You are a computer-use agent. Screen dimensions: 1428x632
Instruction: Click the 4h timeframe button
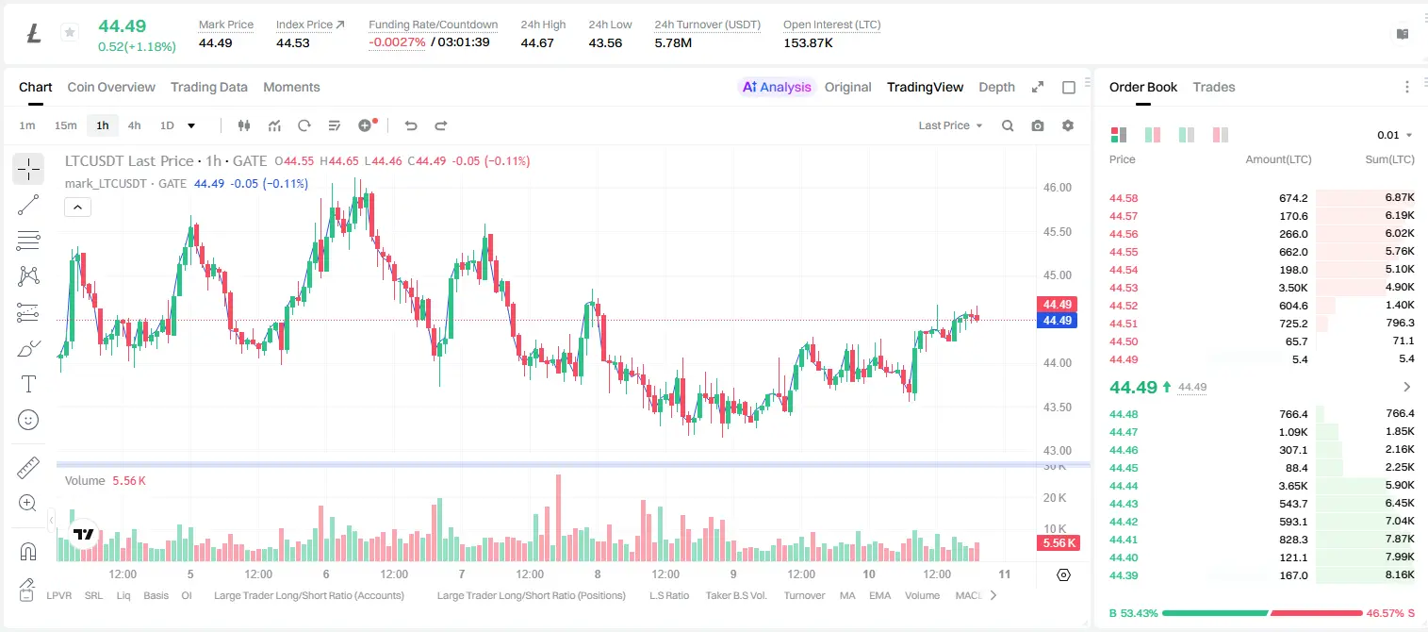[134, 125]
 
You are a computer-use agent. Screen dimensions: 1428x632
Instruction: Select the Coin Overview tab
[111, 87]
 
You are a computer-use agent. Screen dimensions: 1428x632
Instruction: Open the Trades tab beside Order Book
[1214, 87]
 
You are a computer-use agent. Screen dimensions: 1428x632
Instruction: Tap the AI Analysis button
[777, 87]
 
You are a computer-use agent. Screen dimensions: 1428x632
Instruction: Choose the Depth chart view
[996, 87]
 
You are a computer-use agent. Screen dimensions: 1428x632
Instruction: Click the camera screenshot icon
[1038, 125]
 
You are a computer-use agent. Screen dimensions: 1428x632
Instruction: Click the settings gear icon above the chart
[1068, 125]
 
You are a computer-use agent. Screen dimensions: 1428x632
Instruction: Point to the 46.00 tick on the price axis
[1057, 188]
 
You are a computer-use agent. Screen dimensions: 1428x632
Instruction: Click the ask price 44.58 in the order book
[1124, 198]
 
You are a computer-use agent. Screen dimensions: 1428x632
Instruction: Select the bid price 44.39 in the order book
[1124, 575]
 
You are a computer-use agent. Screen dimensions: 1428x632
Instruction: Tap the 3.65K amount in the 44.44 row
[1293, 486]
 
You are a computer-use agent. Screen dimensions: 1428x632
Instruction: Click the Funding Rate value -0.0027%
[397, 42]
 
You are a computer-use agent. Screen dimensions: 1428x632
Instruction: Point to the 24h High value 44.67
[537, 42]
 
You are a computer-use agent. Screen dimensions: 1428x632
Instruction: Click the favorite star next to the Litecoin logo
[70, 32]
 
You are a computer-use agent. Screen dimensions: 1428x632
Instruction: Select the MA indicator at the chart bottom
[847, 595]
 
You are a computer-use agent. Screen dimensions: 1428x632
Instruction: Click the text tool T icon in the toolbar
[28, 384]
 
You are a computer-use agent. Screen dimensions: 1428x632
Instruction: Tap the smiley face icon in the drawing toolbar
[28, 420]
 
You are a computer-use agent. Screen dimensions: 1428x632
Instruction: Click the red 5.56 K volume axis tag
[1059, 542]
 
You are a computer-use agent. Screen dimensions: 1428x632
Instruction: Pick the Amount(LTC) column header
[1278, 159]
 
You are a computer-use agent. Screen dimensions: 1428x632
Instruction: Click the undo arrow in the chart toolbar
[411, 125]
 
